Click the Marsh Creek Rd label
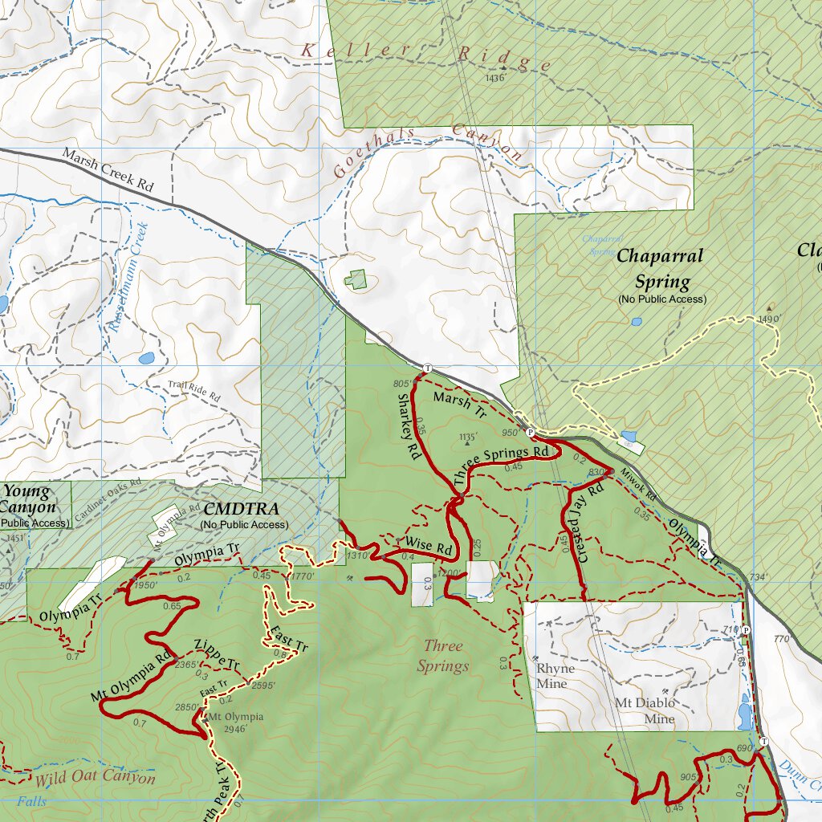(x=107, y=169)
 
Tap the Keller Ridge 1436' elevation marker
(x=495, y=78)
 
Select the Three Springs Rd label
(x=502, y=465)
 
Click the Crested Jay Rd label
(x=589, y=523)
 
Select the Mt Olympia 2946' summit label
(x=235, y=722)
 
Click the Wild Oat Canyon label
(x=95, y=778)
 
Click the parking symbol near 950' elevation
(x=530, y=432)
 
